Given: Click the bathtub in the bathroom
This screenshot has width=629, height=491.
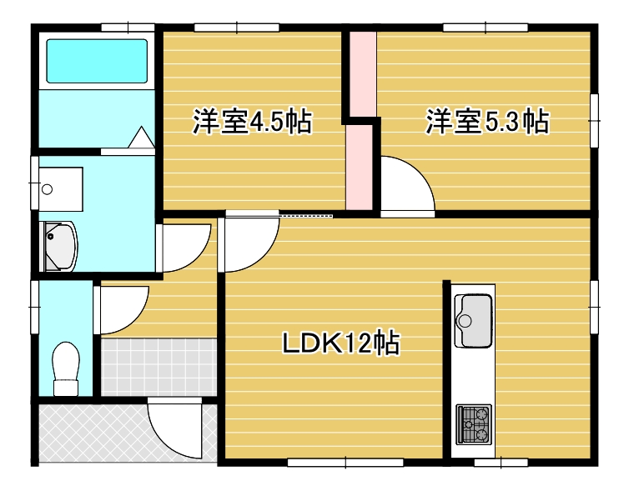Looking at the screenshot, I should (96, 60).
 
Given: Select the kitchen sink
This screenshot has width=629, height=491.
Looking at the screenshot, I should (473, 319).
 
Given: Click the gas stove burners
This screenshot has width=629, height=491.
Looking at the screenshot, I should (473, 423).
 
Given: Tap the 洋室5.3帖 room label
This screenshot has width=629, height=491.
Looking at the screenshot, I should (486, 123).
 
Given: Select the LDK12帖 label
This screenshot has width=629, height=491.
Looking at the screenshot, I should (338, 343).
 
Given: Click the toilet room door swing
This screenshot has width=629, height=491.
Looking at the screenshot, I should (121, 308).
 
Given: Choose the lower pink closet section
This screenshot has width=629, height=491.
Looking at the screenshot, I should (360, 167).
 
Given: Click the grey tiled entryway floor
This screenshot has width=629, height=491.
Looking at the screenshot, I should (159, 367).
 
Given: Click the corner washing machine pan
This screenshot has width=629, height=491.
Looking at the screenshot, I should (58, 248).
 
